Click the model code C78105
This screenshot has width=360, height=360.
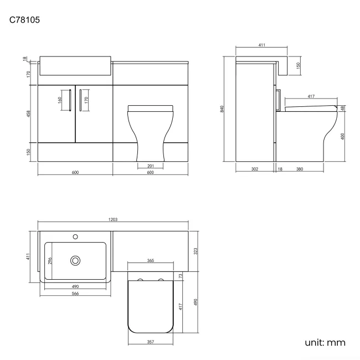[25, 20]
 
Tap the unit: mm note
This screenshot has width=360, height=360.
[325, 343]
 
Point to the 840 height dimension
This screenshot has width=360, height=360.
[222, 109]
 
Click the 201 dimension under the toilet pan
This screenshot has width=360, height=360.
[151, 166]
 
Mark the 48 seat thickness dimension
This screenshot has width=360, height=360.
[343, 109]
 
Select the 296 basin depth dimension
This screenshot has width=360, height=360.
[49, 260]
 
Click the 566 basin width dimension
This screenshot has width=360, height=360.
[75, 294]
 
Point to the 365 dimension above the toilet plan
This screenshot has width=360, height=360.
[151, 260]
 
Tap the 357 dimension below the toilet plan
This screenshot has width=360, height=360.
[151, 342]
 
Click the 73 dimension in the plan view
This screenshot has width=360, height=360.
[180, 275]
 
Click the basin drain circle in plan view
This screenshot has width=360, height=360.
[75, 260]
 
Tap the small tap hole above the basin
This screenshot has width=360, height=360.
[75, 237]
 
